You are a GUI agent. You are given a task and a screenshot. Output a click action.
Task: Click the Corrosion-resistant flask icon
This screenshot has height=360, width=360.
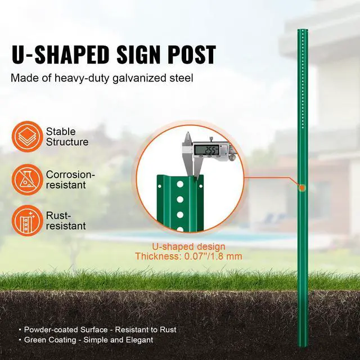[26, 178]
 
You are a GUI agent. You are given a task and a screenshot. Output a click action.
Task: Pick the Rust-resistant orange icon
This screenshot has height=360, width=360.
[26, 220]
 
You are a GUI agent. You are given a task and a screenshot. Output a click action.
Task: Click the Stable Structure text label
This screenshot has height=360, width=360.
[67, 136]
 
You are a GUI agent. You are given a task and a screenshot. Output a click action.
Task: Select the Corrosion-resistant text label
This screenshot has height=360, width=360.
[70, 179]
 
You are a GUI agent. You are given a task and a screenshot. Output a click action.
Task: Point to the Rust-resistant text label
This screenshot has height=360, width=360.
[66, 220]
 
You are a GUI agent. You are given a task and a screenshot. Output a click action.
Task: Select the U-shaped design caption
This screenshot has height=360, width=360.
[189, 246]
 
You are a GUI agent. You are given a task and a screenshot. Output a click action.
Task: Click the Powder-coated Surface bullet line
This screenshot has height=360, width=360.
[99, 329]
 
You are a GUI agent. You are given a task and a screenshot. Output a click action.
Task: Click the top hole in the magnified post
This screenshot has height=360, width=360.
[179, 184]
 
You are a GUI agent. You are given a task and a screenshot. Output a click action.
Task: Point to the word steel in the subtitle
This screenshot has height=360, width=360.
[181, 78]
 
